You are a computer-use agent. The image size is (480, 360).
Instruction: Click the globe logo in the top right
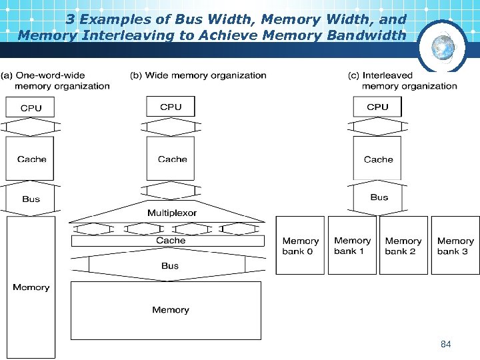tap(441, 46)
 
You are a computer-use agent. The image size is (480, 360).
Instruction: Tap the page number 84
tap(446, 344)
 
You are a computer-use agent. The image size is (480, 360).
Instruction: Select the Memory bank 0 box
tap(300, 245)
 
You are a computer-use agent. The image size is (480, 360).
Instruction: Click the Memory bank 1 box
tap(352, 245)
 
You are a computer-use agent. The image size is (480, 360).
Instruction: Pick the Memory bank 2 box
tap(403, 245)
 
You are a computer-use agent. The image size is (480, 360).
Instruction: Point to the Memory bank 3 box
tap(455, 245)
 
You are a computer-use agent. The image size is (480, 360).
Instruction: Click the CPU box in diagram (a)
tap(30, 107)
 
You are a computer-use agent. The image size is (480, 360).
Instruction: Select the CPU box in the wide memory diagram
tap(171, 107)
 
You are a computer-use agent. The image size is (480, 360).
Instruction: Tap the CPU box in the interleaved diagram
tap(377, 107)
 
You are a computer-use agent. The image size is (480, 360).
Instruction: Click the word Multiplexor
tap(172, 213)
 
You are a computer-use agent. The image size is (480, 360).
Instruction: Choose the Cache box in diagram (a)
tap(30, 159)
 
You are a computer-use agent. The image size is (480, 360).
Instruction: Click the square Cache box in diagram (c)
tap(377, 159)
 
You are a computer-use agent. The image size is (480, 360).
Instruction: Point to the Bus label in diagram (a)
tap(31, 199)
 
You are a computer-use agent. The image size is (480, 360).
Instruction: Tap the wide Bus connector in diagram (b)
tap(169, 265)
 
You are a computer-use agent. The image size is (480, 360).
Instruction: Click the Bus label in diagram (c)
tap(379, 197)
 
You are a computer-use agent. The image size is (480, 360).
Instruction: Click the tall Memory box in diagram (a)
tap(31, 287)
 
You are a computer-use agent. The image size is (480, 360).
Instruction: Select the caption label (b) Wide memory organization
tap(199, 75)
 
